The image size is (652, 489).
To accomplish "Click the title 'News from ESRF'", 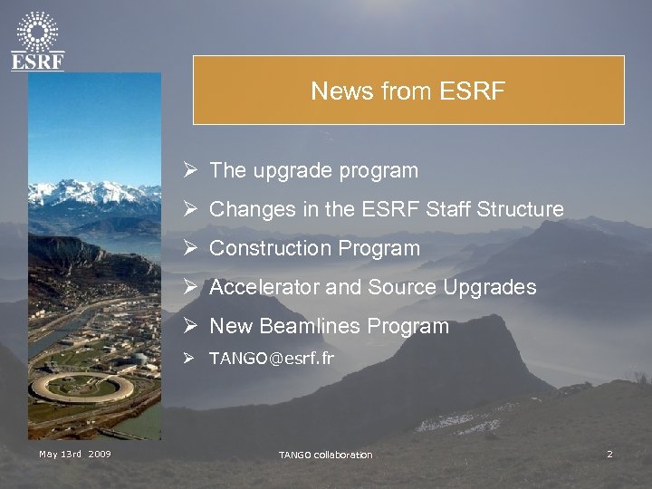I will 407,91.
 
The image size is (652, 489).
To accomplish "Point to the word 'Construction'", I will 271,248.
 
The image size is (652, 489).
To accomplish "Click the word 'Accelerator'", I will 264,287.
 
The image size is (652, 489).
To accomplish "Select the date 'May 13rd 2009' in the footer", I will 74,454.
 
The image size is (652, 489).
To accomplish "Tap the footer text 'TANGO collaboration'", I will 325,455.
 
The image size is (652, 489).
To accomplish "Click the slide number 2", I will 609,454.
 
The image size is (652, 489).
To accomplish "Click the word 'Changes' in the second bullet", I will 247,209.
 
